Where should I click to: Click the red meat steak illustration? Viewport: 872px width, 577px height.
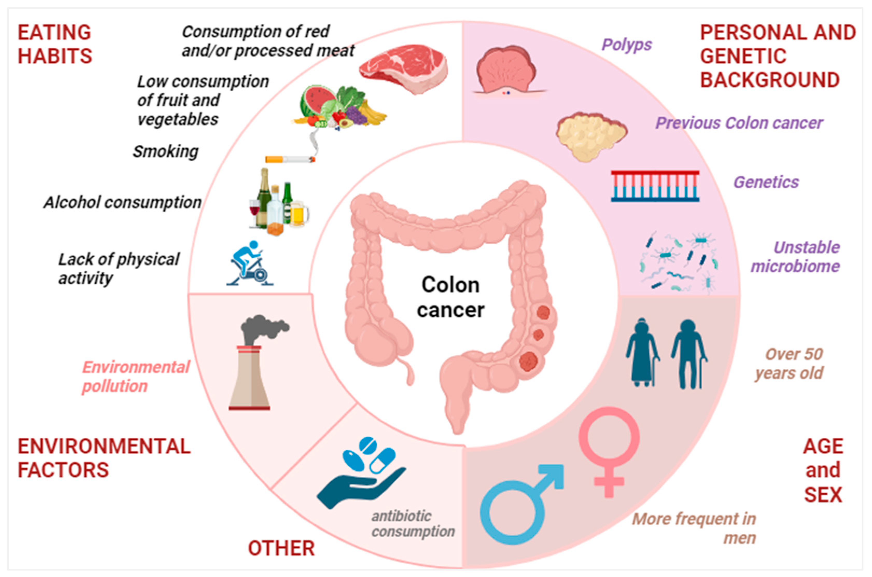404,68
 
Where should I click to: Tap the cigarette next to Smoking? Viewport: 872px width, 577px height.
290,159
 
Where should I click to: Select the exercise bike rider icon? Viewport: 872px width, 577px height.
250,263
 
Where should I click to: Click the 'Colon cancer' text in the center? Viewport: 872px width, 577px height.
450,297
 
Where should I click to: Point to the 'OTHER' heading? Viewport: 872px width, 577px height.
281,548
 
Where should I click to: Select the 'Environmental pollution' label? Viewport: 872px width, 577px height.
135,377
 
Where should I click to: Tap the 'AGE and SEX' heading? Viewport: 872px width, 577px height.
823,470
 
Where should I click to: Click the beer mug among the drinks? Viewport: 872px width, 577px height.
299,213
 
